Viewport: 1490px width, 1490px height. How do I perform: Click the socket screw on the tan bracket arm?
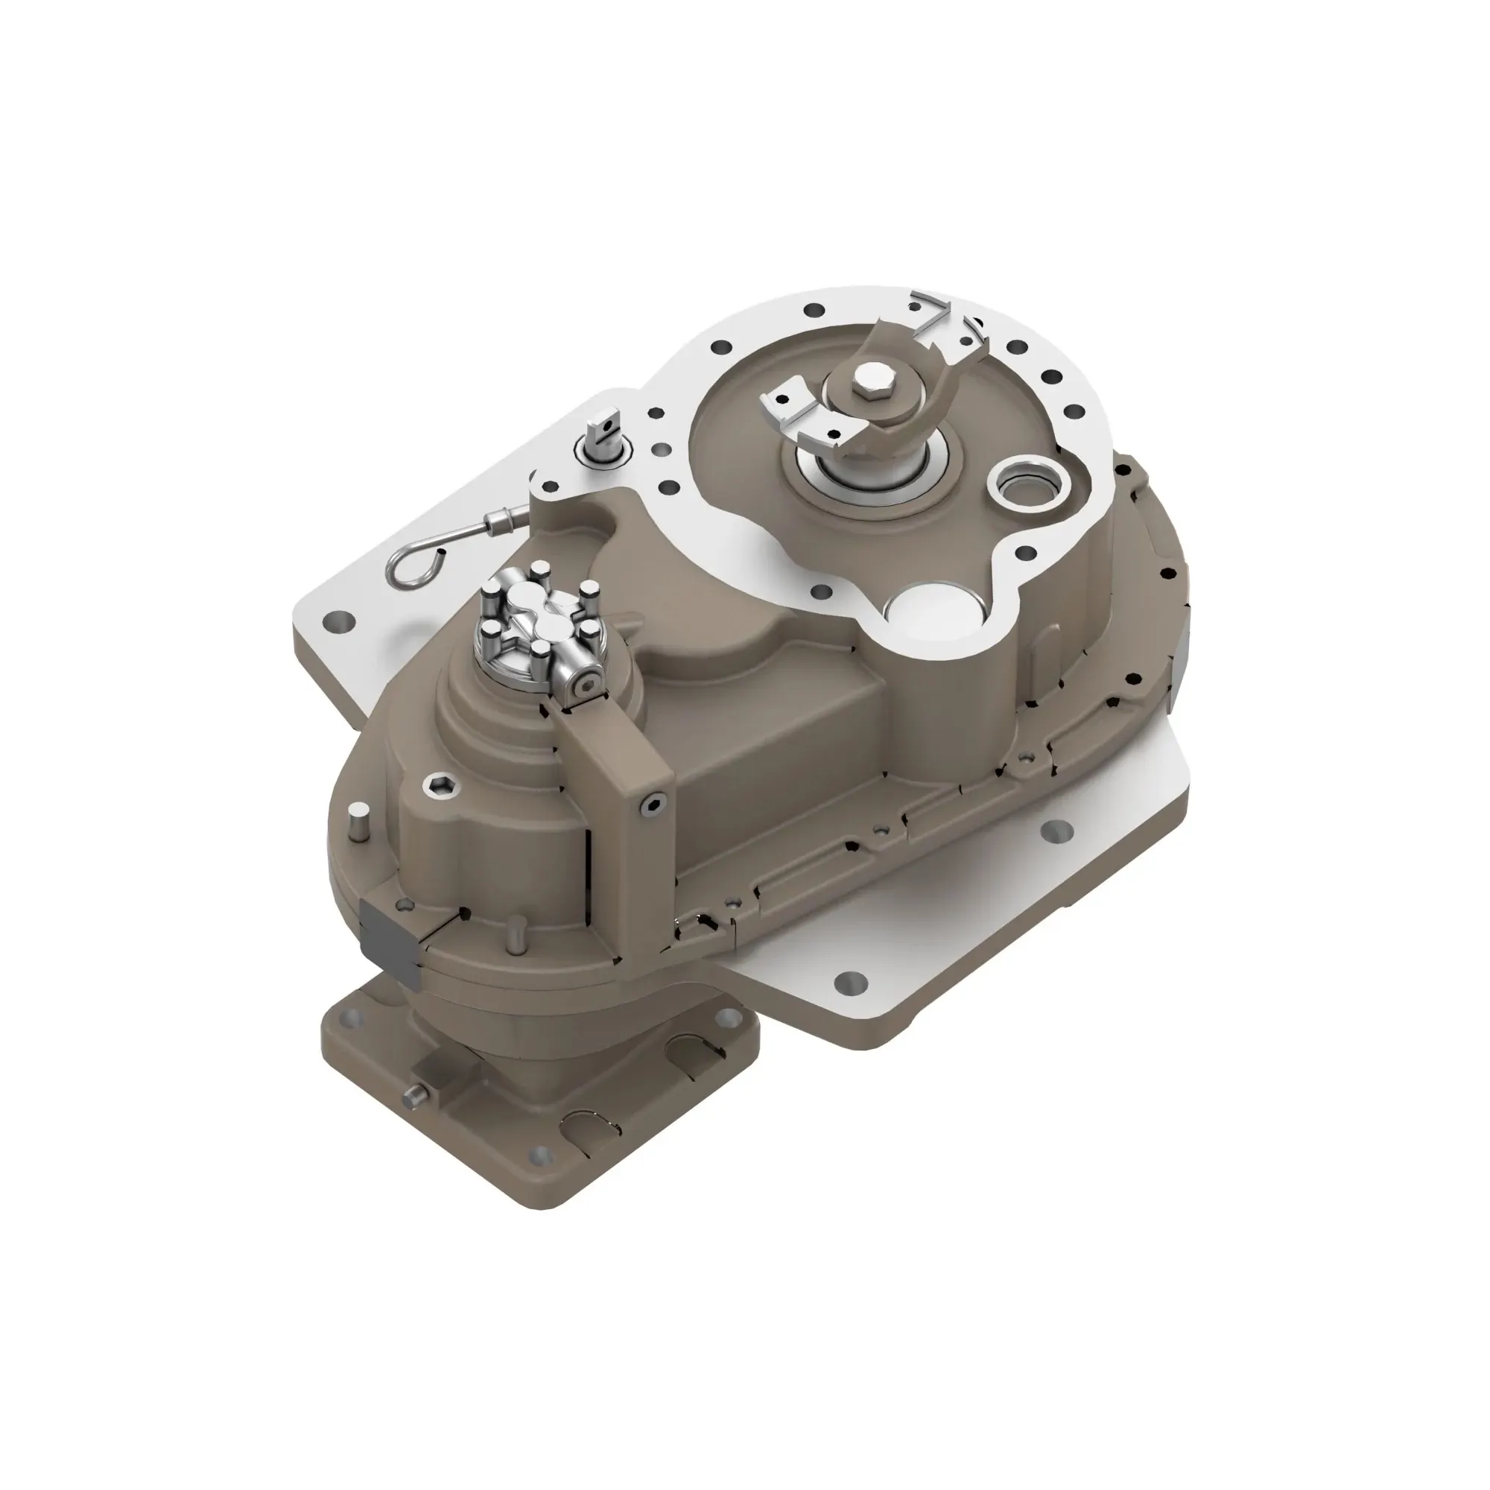655,805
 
